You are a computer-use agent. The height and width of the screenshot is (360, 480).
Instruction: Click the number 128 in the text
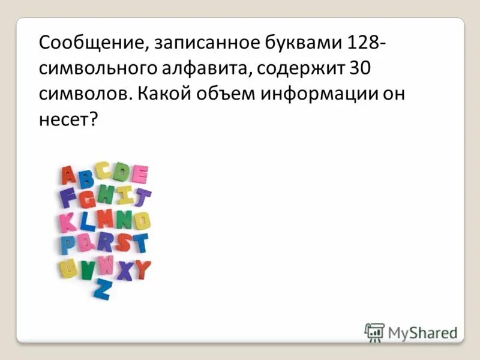[x=362, y=44]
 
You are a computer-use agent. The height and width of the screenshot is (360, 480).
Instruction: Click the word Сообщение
[x=89, y=44]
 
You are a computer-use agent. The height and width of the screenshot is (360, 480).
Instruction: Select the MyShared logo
[x=412, y=332]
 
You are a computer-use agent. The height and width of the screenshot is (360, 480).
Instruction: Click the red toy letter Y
[x=143, y=270]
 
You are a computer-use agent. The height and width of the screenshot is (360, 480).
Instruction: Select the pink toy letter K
[x=68, y=222]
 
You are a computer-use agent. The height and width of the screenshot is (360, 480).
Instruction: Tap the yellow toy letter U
[x=68, y=268]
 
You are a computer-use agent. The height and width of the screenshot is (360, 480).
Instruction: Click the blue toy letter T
[x=140, y=243]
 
